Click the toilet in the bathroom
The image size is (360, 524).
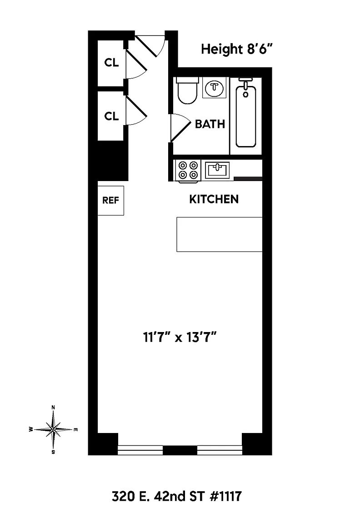pos(187,91)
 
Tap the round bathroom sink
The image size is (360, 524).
pos(214,88)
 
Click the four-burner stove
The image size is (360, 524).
pos(188,171)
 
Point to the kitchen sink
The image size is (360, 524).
pos(217,170)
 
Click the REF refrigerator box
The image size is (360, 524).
pos(110,201)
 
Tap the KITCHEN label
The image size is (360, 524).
pos(214,199)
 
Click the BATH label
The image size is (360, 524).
pos(210,124)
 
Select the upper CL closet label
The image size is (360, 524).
pos(111,62)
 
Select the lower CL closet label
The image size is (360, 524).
pos(111,116)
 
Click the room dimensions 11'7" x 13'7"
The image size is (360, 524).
pos(180,337)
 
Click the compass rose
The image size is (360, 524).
pos(53,429)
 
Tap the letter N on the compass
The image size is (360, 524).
pos(53,408)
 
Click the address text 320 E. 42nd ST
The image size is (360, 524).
pos(158,497)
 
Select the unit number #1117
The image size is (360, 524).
pos(225,497)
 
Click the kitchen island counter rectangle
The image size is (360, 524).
pos(220,234)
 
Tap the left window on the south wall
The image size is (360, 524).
pos(140,450)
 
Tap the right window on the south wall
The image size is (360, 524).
pos(220,450)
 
